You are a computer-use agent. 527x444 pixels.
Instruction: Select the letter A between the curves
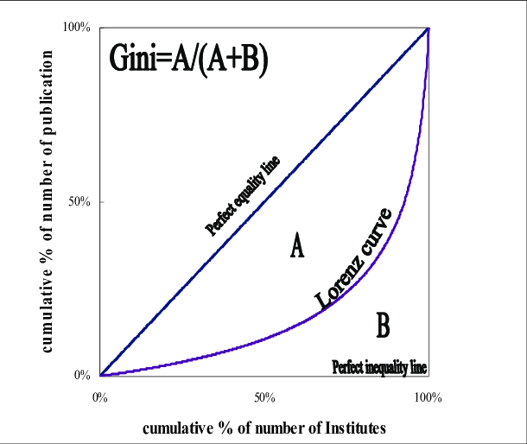coord(296,248)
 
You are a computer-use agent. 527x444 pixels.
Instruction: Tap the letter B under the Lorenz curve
coord(383,326)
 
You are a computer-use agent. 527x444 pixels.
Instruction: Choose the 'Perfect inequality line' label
coord(380,366)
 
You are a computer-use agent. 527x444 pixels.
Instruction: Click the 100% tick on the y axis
coord(78,28)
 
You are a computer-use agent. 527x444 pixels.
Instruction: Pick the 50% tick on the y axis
coord(80,202)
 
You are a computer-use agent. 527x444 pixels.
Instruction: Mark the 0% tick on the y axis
coord(82,376)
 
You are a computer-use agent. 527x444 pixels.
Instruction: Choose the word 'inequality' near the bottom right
coord(384,366)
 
